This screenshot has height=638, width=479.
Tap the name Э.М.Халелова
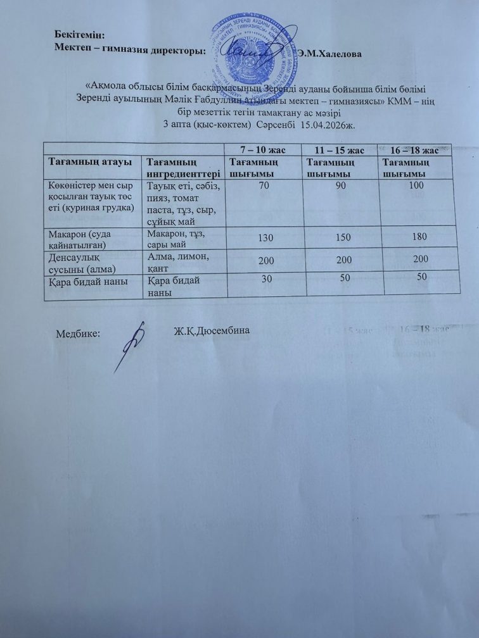329,54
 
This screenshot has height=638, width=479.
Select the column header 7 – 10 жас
258,149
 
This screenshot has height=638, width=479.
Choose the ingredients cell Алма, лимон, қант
182,260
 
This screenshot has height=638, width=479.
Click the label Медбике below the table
79,333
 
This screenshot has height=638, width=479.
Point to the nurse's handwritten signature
132,345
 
